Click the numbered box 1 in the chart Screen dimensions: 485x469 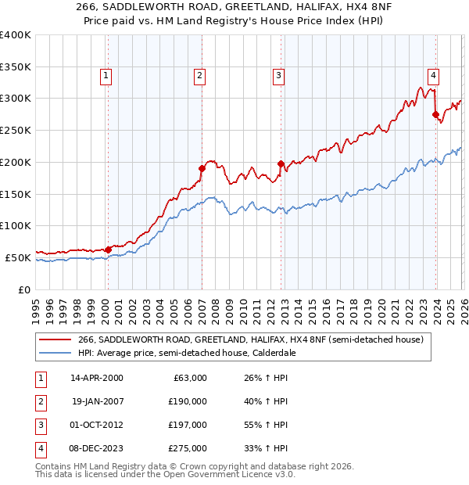point(106,76)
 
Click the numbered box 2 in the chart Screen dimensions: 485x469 point(200,76)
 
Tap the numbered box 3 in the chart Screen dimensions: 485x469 point(278,76)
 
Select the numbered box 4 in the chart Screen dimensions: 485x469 point(432,76)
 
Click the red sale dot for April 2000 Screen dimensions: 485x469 point(108,250)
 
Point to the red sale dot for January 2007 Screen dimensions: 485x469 point(202,168)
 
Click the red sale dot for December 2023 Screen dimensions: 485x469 point(435,114)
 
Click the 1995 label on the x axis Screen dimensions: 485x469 point(36,306)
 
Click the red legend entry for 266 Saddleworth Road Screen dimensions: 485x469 point(250,339)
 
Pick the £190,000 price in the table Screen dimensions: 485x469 point(188,401)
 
